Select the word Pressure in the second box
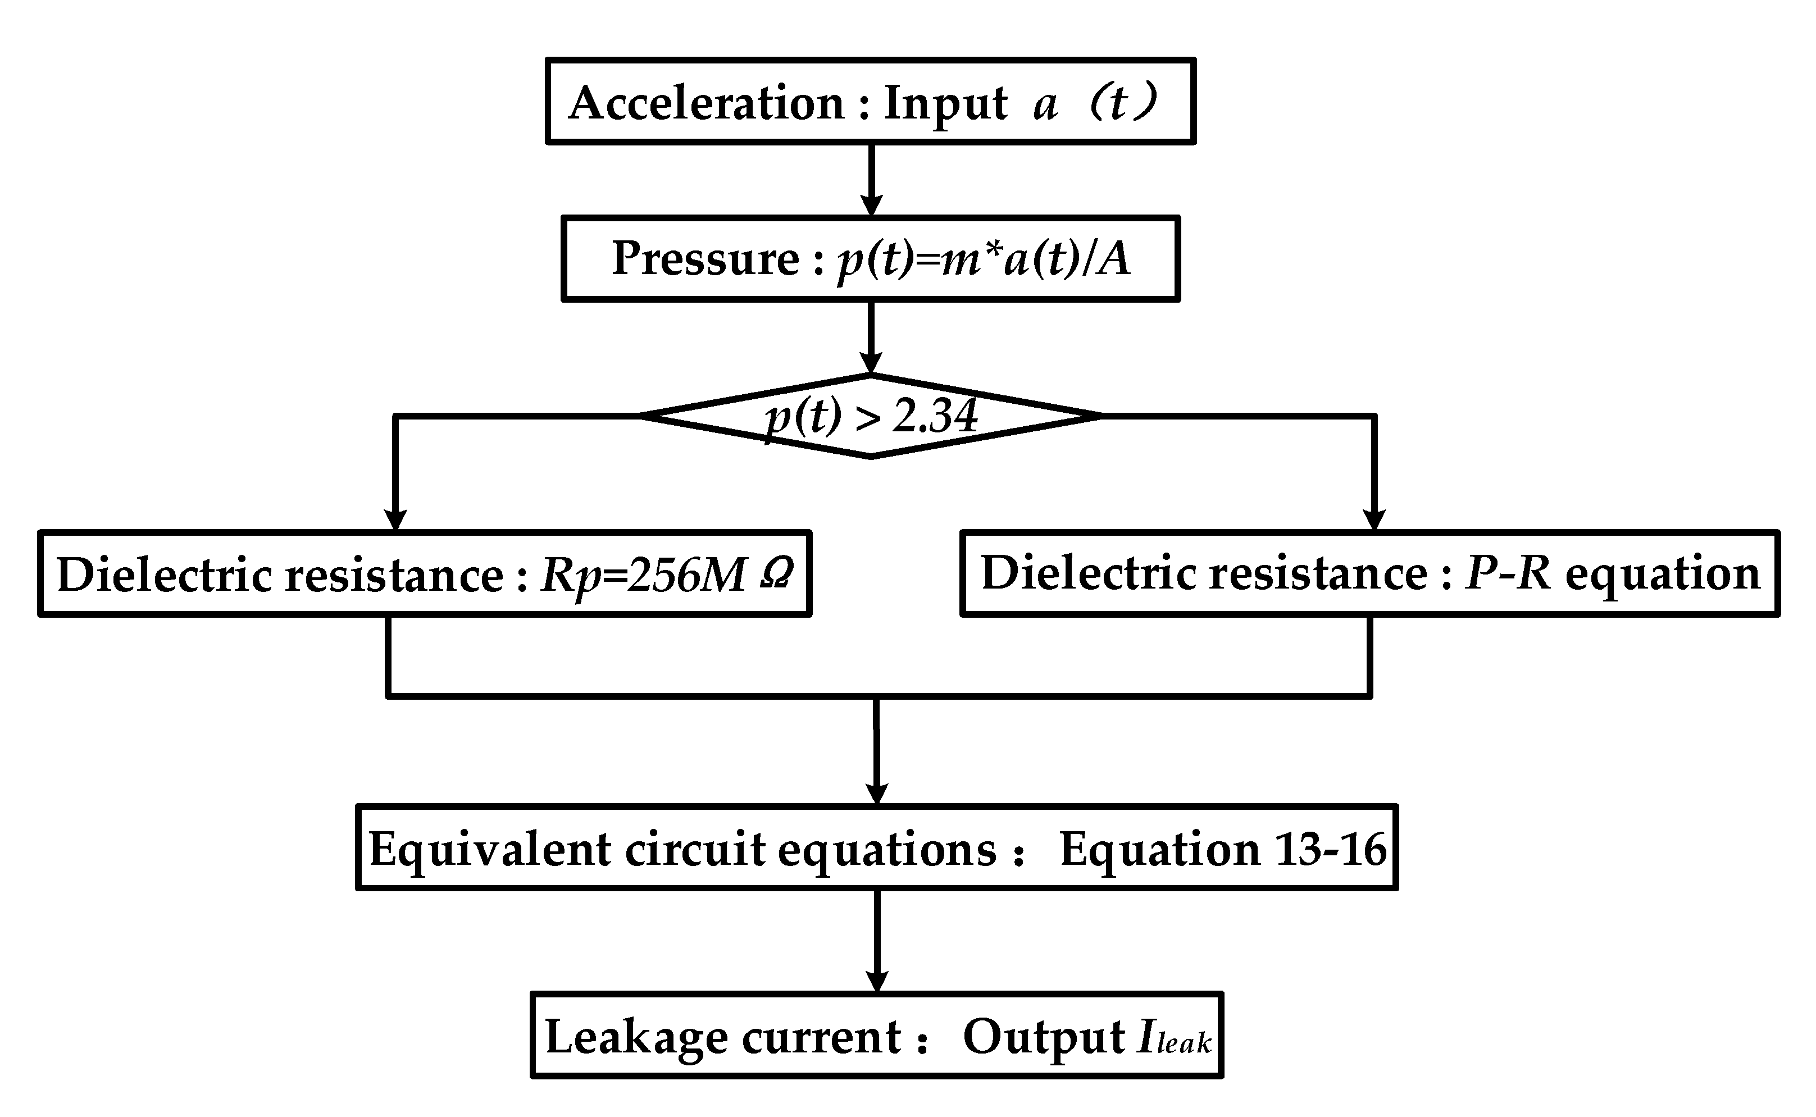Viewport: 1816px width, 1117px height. [x=706, y=258]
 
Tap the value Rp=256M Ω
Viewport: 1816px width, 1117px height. [x=667, y=574]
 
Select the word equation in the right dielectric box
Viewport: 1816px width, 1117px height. [x=1662, y=574]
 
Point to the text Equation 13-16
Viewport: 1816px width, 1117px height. [x=1223, y=848]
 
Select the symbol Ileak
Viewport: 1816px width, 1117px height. [x=1173, y=1037]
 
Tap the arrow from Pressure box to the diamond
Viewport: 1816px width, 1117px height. [x=872, y=338]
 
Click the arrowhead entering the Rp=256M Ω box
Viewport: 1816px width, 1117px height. [x=396, y=519]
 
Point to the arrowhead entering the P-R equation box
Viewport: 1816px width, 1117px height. [x=1373, y=519]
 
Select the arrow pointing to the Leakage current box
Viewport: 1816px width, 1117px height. [x=876, y=942]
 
